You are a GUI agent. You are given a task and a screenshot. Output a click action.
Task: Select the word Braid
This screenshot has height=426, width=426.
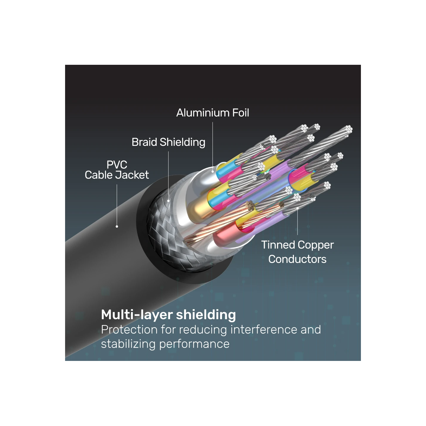144,142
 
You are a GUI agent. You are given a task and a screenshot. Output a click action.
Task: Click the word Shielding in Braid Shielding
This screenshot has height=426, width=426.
183,142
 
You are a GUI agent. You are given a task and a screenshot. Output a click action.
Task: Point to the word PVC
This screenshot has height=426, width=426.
117,164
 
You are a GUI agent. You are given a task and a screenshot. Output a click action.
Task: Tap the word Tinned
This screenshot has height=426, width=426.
278,245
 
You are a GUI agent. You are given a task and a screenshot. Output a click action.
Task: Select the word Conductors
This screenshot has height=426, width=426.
297,259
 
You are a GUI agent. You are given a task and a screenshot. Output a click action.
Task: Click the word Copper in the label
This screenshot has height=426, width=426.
316,245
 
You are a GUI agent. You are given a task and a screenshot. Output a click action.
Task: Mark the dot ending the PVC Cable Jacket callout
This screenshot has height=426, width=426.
117,227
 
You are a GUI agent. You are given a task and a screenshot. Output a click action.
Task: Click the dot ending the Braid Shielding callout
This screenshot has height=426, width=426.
169,201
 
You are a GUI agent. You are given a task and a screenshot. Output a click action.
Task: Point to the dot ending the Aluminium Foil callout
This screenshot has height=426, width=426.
212,171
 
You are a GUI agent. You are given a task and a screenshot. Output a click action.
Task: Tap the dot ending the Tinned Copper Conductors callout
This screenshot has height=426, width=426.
297,208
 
